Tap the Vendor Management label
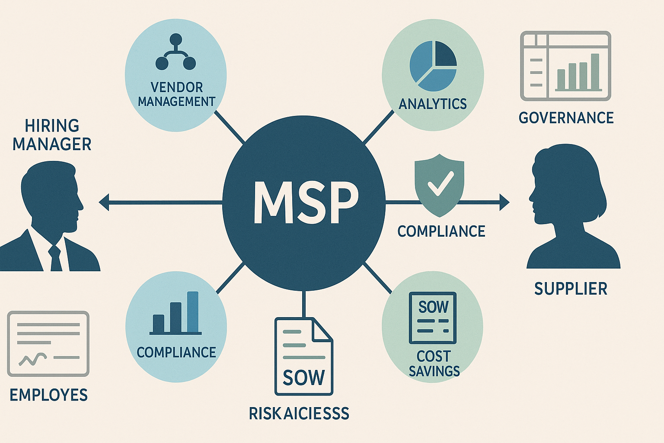176,94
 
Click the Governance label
566,118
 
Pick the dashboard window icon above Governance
565,66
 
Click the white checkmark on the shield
440,183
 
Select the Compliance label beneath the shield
441,231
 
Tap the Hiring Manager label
52,135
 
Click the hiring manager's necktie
56,257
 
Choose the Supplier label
571,289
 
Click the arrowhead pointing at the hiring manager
104,202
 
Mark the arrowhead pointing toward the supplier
504,202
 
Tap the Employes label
48,395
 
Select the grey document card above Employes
48,343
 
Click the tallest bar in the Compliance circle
193,312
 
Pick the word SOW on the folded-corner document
303,378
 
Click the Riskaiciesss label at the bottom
299,414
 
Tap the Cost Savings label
434,364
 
